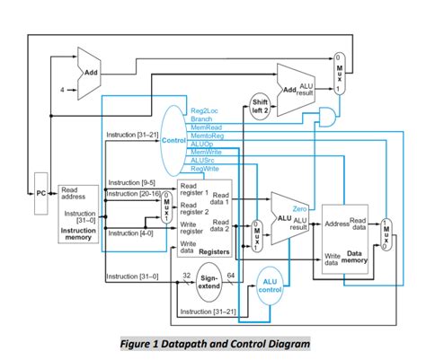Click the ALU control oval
pos(269,285)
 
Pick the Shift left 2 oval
pos(259,106)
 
